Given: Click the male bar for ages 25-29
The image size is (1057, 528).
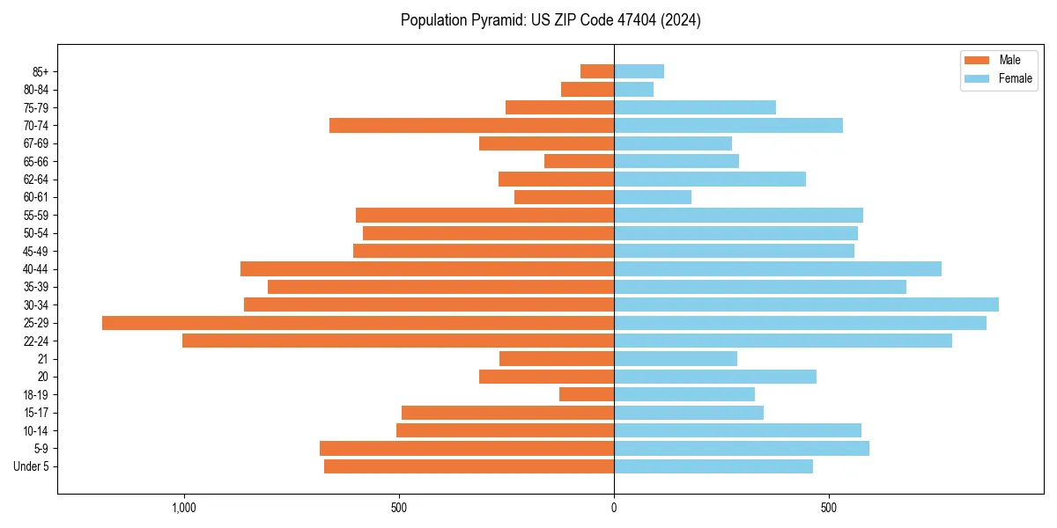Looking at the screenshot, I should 358,323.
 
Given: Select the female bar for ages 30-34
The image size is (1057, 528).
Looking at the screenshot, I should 806,304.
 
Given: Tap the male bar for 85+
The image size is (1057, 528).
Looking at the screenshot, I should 597,71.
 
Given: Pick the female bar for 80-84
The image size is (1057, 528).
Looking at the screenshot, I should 633,89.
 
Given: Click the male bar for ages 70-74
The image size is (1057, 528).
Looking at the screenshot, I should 471,125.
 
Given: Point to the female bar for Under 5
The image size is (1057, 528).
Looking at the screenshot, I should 713,466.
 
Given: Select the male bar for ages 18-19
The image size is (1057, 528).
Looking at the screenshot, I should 587,394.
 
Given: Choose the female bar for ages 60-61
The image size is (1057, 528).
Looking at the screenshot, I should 653,197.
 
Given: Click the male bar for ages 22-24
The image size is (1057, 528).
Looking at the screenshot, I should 398,341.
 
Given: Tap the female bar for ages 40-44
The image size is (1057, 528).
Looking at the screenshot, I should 778,268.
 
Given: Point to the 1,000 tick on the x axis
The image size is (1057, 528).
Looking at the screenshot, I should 184,508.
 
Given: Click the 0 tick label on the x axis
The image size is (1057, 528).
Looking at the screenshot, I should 614,508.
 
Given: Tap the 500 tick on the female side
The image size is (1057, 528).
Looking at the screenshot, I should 829,508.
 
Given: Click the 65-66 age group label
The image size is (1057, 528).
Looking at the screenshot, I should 36,161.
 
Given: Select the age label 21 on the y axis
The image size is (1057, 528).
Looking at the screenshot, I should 42,358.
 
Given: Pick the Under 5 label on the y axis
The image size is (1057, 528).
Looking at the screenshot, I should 31,466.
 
